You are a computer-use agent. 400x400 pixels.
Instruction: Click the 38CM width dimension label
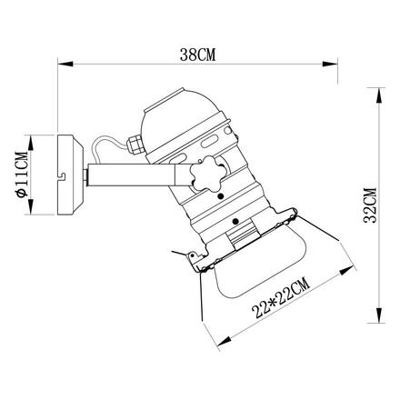tap(197, 55)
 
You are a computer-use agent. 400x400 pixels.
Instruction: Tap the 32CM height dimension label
tap(370, 205)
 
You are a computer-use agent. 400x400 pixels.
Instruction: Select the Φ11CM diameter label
tap(22, 175)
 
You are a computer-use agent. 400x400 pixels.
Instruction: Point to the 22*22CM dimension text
tap(281, 298)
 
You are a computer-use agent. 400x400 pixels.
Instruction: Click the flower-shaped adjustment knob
tap(205, 174)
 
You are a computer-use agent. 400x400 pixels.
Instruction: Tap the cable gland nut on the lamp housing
tap(135, 144)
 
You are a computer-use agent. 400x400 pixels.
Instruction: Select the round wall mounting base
tap(70, 175)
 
